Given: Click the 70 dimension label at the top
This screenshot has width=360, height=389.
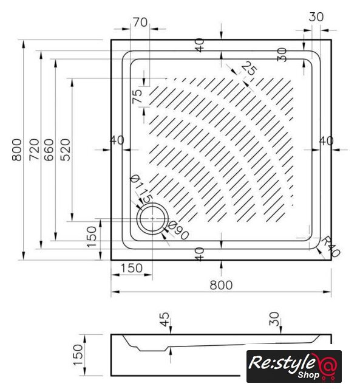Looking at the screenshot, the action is point(140,22).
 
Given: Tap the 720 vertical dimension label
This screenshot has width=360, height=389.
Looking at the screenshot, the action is point(35,150).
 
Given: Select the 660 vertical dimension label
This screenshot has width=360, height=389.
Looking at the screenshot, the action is point(49,150).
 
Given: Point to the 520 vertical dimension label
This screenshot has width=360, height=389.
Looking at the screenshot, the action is point(66,150).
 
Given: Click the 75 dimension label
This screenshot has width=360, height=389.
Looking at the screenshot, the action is point(137,96).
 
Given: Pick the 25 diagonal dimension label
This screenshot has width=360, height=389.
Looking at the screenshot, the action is point(249,69).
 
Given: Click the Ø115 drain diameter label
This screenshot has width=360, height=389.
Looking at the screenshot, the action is point(141,188).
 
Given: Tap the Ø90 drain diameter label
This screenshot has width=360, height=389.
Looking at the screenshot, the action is point(178,231).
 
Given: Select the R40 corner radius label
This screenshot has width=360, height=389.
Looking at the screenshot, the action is point(331,246).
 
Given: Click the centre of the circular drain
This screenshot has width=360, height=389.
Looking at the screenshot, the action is point(152,218).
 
